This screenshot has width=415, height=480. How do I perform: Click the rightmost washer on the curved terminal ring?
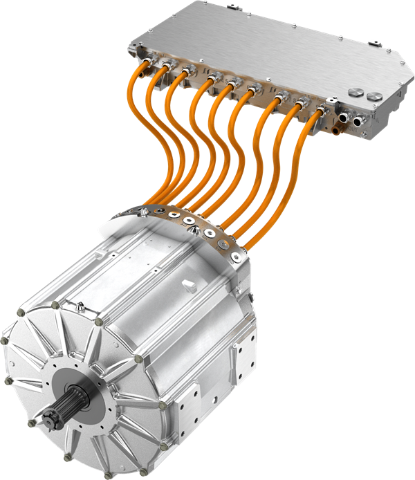click(x=238, y=257)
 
